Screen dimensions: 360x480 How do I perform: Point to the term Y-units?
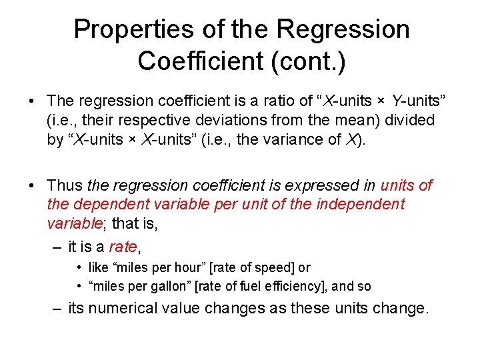click(x=417, y=101)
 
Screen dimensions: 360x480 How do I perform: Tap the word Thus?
click(x=65, y=185)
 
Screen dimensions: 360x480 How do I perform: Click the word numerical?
click(x=126, y=309)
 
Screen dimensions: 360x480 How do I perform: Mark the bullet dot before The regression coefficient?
click(x=32, y=101)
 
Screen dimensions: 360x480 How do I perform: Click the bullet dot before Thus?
click(x=32, y=185)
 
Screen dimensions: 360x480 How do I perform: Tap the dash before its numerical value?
click(x=58, y=309)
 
